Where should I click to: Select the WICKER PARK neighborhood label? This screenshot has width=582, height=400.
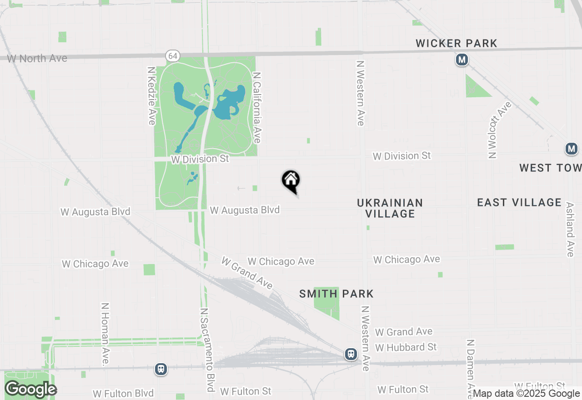(457, 43)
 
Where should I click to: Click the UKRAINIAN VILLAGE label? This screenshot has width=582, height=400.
(390, 208)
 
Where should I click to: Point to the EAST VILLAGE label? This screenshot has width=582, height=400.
(519, 202)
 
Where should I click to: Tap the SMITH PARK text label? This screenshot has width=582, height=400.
(336, 294)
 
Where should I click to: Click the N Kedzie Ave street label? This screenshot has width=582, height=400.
(152, 95)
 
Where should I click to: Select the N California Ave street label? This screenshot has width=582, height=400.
(257, 107)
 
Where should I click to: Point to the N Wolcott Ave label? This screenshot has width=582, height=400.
(499, 130)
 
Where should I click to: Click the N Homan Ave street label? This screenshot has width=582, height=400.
(105, 335)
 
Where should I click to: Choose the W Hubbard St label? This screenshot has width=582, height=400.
(406, 347)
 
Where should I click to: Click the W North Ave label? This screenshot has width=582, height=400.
(37, 58)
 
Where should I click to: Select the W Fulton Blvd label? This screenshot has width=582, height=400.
(123, 393)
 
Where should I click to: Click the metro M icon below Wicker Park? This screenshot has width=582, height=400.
(462, 60)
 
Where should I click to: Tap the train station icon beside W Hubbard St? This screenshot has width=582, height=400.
(351, 354)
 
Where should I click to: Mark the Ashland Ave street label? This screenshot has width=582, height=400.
(570, 230)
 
